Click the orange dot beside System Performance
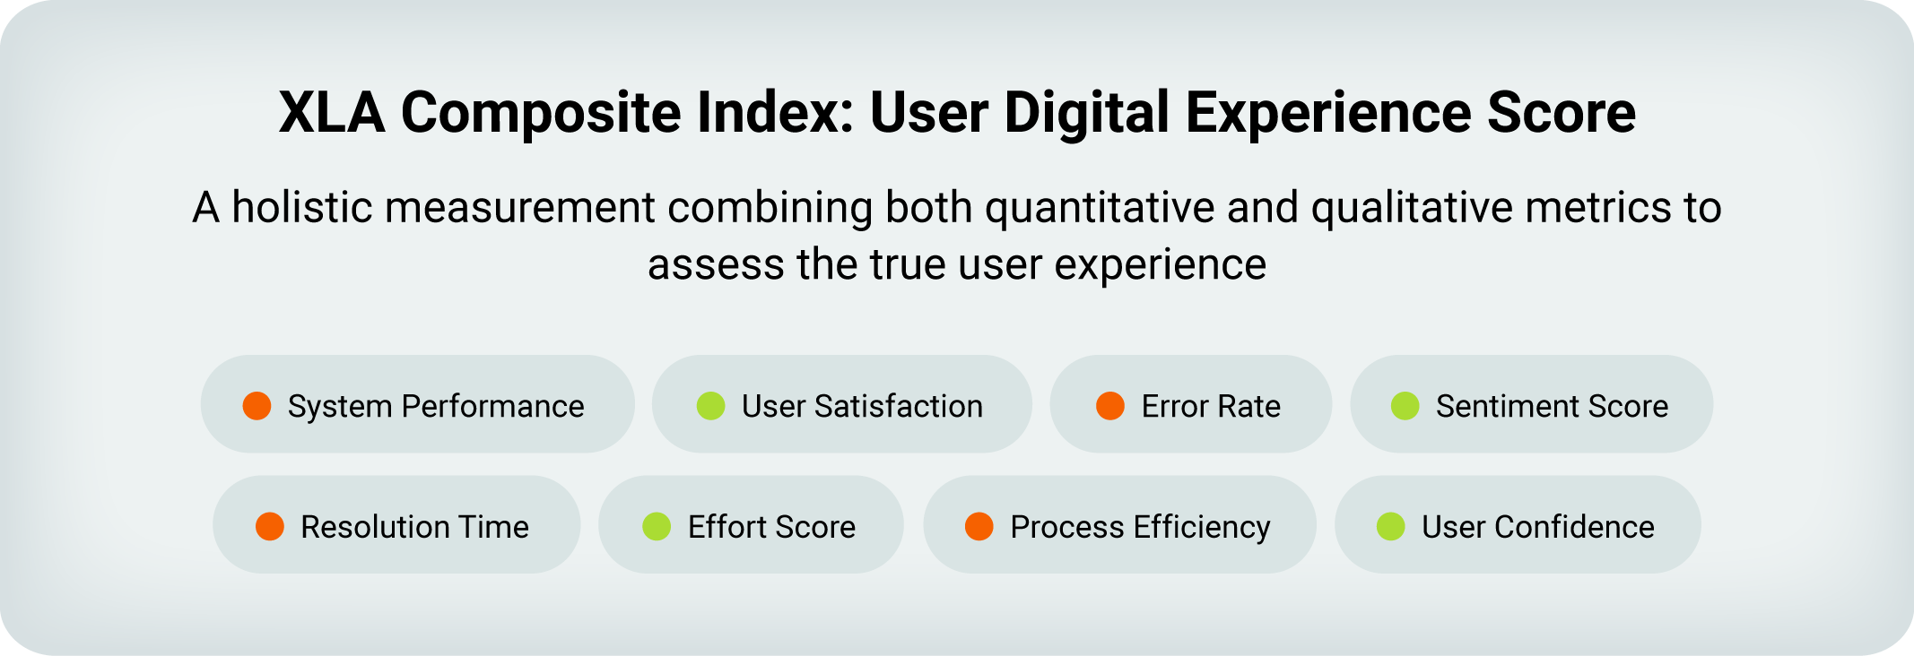pos(257,406)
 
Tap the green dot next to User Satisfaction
pos(711,406)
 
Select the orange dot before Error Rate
pos(1110,406)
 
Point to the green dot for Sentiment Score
pos(1405,406)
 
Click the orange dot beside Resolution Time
pos(270,526)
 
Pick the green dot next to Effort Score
pos(657,526)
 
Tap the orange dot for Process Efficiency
pos(979,526)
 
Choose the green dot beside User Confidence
pos(1391,526)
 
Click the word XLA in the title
pos(332,113)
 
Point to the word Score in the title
pos(1562,113)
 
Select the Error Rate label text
pos(1211,406)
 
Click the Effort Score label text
pos(771,526)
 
